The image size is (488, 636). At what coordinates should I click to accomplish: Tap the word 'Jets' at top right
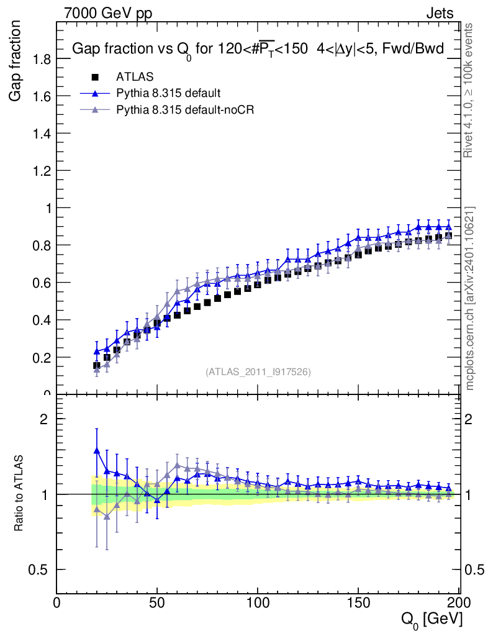440,13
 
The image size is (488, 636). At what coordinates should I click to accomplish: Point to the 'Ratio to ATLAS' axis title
19,494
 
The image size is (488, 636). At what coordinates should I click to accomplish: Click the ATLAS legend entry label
135,77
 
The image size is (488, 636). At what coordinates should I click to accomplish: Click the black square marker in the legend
95,77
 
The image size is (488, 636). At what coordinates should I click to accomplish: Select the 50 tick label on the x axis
157,603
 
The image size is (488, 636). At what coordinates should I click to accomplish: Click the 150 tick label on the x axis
358,603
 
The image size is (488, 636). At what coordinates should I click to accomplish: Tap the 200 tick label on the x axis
458,603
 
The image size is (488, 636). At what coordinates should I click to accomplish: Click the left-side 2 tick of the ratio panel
45,419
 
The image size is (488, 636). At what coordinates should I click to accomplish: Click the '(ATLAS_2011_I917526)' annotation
258,372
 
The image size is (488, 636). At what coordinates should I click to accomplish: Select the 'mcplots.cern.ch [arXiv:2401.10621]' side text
470,298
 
